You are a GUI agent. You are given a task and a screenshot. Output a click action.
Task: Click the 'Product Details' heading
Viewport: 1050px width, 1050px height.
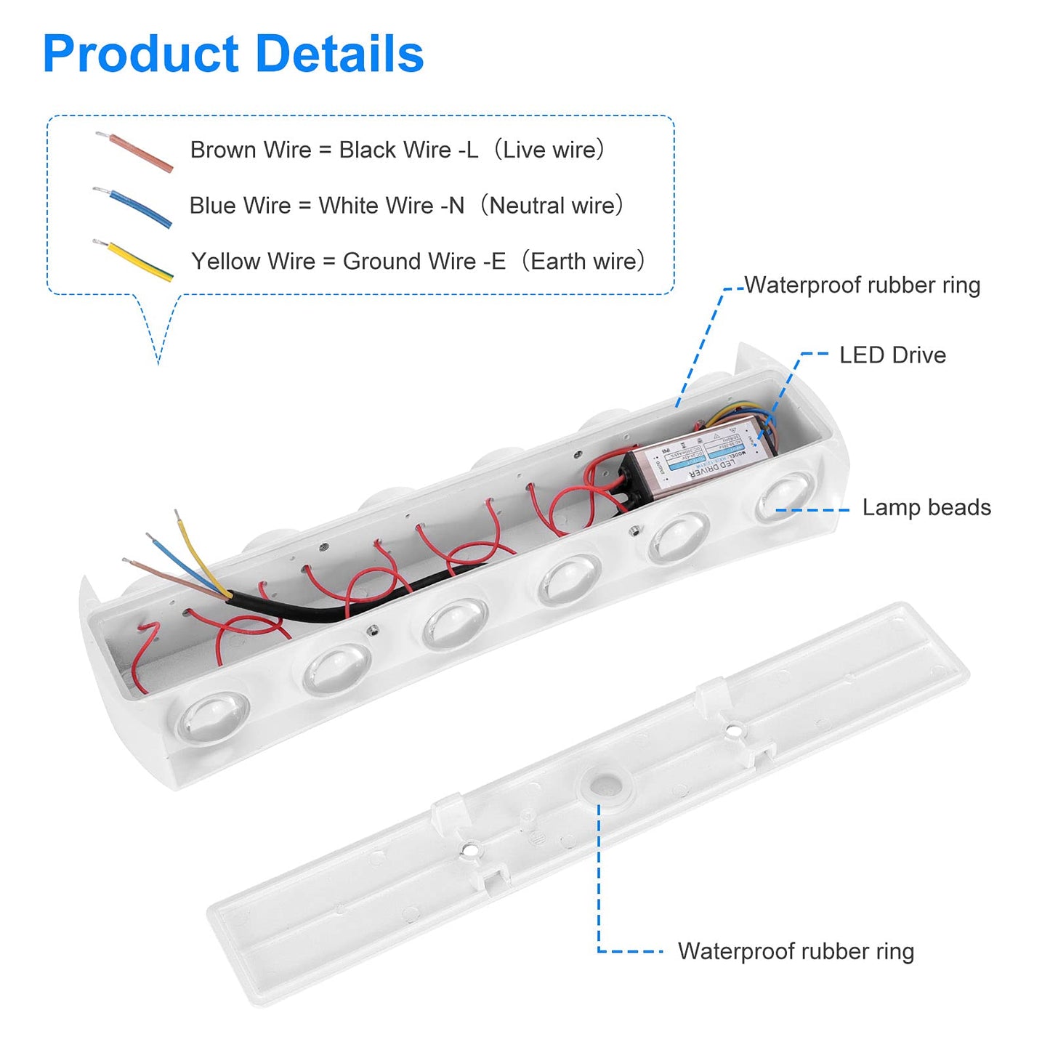coord(233,54)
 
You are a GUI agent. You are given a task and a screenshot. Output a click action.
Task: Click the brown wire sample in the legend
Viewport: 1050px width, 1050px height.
coord(136,152)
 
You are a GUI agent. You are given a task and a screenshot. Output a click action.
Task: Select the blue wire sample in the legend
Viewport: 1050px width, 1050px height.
coord(134,207)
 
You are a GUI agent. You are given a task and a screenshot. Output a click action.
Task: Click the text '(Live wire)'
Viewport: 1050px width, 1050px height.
coord(549,150)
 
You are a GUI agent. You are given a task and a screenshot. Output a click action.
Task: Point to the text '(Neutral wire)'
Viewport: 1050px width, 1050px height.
coord(552,206)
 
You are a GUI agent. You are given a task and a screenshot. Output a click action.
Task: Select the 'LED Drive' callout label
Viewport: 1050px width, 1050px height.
coord(892,355)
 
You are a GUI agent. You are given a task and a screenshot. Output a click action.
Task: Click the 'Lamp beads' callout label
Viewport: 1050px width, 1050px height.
coord(926,507)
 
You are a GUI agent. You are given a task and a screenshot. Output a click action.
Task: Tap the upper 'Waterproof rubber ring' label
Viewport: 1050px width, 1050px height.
coord(862,285)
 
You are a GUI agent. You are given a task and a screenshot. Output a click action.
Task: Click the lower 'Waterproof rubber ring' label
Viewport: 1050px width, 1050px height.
coord(796,951)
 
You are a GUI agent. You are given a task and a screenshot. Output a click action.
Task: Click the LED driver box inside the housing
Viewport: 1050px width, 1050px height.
coord(701,458)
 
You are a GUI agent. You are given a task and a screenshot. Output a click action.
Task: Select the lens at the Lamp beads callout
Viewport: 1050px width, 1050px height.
coord(785,496)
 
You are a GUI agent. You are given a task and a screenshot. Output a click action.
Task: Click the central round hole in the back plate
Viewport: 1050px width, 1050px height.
coord(604,785)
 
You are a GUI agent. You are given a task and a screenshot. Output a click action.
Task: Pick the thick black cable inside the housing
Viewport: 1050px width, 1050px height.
coord(363,600)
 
